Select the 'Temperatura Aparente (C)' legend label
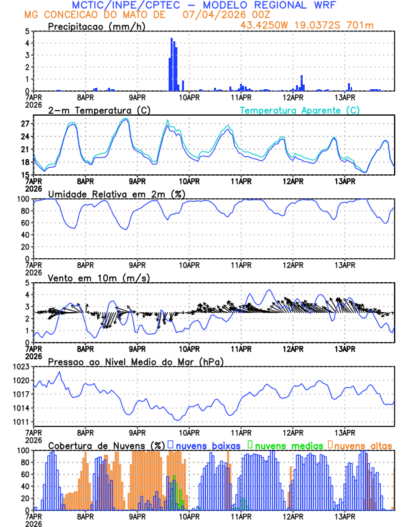(299, 110)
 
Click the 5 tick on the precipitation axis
(27, 31)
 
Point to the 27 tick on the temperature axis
(25, 124)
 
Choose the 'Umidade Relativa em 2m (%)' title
(116, 194)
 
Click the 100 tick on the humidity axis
(23, 199)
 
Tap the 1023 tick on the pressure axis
(21, 367)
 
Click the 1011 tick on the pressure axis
(21, 422)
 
